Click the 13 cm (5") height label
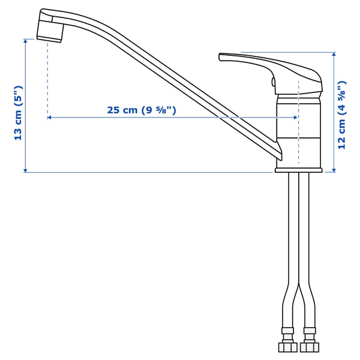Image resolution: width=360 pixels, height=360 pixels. click(x=19, y=113)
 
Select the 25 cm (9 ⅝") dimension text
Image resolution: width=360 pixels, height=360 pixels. click(x=142, y=110)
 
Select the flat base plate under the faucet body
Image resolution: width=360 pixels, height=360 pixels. click(x=298, y=170)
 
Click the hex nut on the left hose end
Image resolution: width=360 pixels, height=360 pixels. click(x=286, y=347)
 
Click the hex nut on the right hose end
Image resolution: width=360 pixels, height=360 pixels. click(x=310, y=347)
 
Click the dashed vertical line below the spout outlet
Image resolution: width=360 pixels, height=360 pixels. click(x=47, y=78)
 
